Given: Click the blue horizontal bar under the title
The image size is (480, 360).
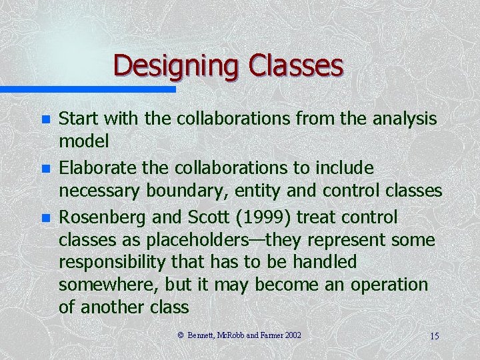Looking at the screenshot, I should coord(87,89).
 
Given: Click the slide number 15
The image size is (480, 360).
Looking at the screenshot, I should coord(434,335).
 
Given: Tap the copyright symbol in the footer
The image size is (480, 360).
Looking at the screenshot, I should coord(180,335).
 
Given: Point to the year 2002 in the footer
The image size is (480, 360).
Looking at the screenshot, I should coord(293,335).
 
